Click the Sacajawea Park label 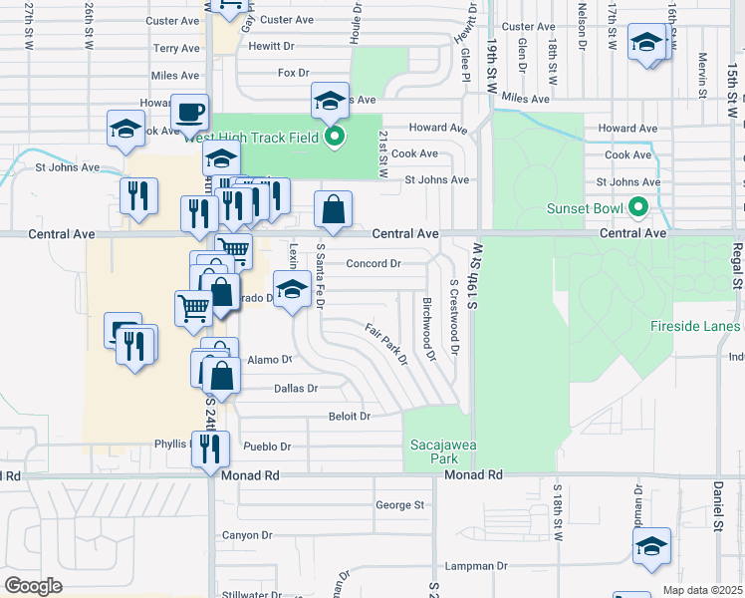432,450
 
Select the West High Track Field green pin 336,137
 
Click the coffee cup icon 189,113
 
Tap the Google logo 33,586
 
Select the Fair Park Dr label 386,344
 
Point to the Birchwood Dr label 429,328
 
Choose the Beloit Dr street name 350,417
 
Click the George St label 400,505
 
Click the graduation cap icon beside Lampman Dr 651,545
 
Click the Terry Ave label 176,48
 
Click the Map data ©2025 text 703,590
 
